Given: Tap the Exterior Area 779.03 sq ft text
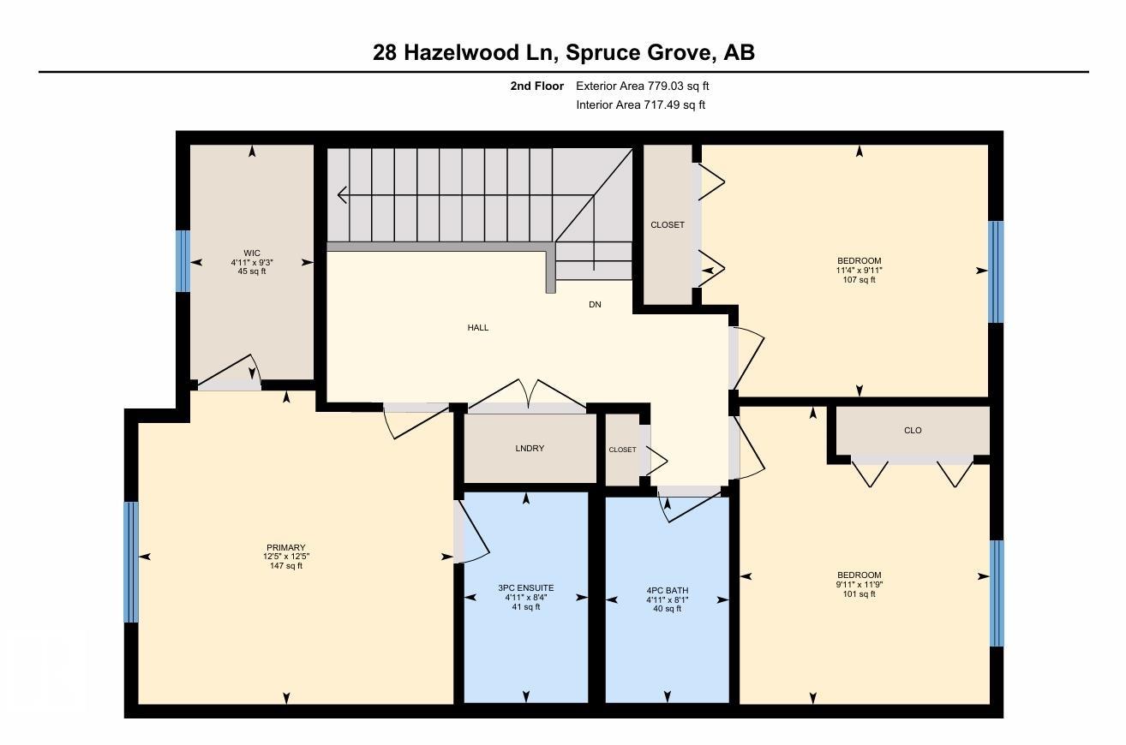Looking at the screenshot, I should point(642,86).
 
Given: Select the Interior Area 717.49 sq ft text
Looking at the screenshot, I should point(640,105).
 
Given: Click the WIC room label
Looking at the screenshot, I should point(251,253).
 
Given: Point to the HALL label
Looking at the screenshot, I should point(478,328).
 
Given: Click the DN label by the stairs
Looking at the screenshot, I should point(595,305).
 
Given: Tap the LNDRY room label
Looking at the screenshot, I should point(530,449).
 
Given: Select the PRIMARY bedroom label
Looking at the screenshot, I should point(286,548).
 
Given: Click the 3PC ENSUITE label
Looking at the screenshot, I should point(525,588).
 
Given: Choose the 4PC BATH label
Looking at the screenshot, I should point(667,591).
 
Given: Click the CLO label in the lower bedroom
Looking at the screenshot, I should point(913,431).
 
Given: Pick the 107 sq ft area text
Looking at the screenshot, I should point(859,280).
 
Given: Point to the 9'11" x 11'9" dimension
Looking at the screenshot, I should point(859,585).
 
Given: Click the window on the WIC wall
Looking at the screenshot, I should point(183,261).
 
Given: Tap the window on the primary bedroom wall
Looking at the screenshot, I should point(131,562).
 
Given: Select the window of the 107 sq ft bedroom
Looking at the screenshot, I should point(996,271).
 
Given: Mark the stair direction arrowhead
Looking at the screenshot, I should point(342,195).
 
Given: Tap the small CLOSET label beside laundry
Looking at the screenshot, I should point(623,450).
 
